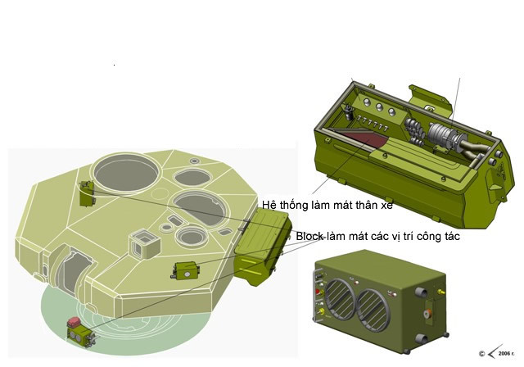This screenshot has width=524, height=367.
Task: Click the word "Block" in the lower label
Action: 309,236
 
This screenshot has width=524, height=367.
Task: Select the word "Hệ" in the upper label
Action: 269,205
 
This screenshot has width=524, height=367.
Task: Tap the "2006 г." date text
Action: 506,354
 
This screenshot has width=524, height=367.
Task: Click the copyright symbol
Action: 481,354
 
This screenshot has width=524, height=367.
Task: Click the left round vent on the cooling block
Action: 340,299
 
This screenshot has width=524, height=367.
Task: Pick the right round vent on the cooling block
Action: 373,310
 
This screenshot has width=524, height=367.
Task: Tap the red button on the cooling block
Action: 318,291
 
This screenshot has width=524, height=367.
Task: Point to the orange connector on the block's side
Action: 427,314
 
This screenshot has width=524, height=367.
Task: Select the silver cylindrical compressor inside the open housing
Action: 442,136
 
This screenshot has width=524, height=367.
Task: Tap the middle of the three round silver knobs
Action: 379,107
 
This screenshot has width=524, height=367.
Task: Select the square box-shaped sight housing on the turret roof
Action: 144,243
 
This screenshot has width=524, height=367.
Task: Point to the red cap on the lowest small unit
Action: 73,322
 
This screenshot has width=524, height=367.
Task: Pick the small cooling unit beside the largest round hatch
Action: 87,193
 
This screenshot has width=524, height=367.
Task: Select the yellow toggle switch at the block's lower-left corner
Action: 321,312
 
